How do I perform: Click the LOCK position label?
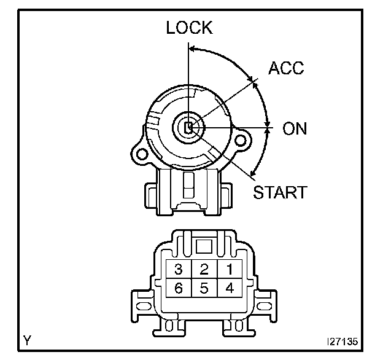189,28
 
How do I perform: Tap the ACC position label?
286,68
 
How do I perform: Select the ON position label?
295,128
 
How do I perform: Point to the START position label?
280,192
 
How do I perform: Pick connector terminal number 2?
204,268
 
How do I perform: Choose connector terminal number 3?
179,268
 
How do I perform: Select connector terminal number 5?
204,288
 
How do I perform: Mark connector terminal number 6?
179,288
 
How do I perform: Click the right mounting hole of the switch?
243,141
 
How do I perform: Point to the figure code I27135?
344,340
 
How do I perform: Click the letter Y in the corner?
28,339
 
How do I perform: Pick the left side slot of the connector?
142,303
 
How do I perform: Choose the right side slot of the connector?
266,303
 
